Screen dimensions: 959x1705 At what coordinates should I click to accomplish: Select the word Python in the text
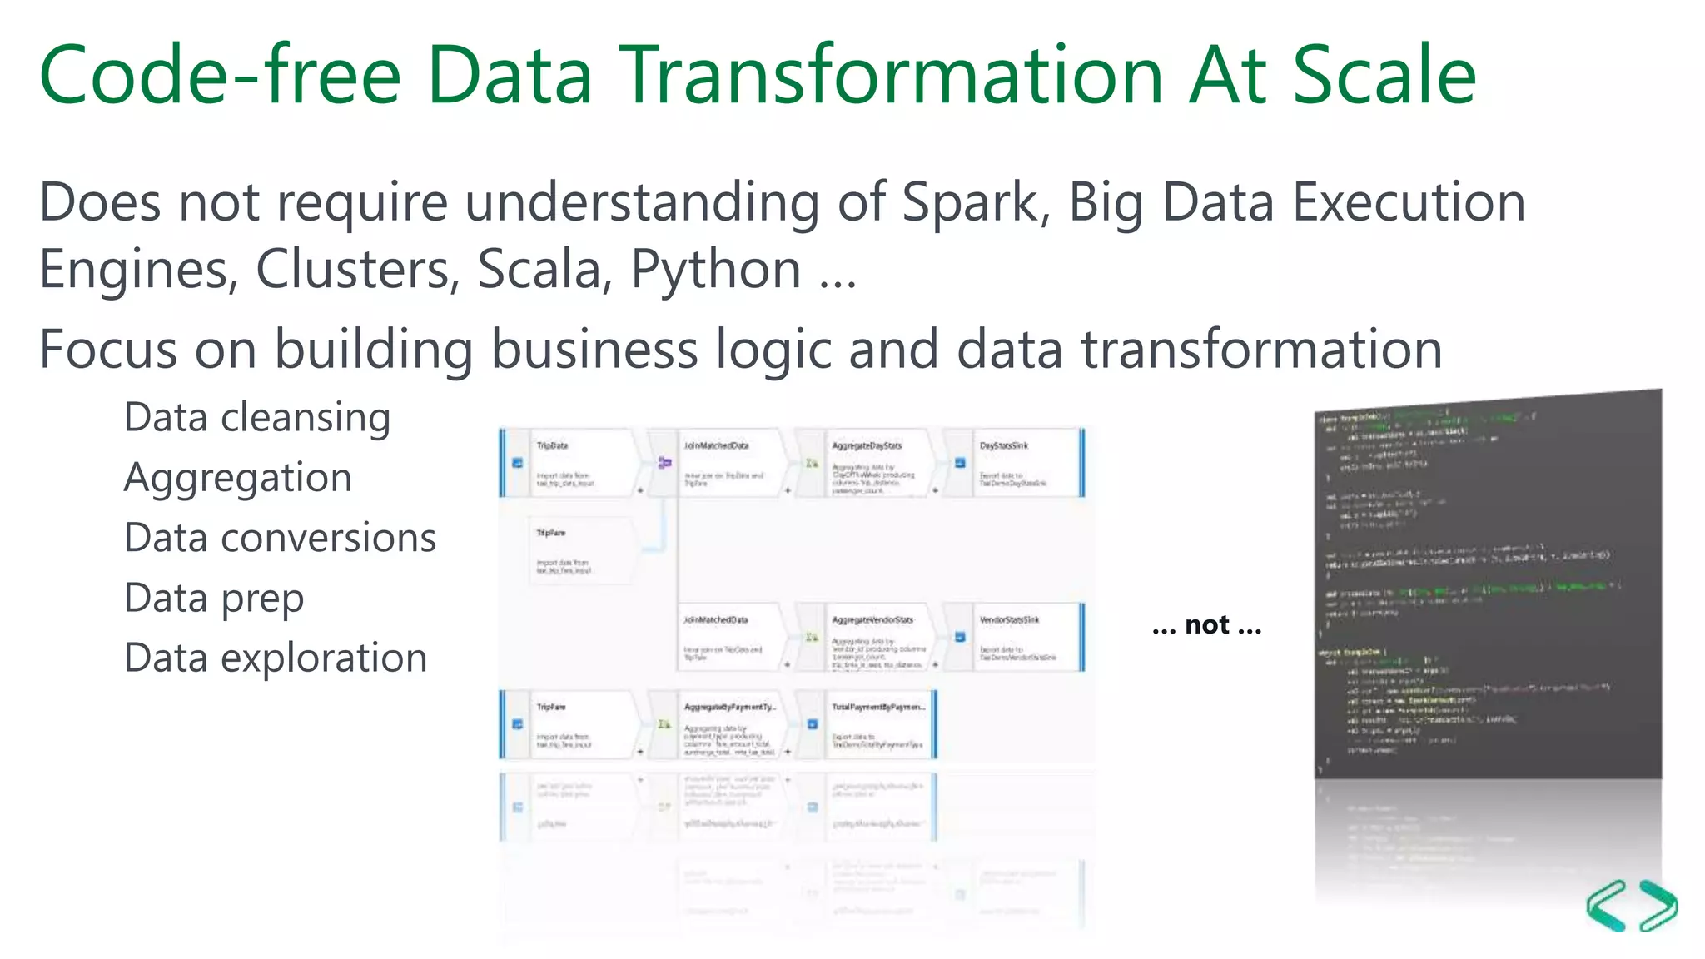point(716,270)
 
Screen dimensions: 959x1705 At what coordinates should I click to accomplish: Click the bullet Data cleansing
point(257,417)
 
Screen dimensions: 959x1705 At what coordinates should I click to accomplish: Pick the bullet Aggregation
point(238,478)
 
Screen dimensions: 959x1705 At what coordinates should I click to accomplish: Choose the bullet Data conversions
point(280,538)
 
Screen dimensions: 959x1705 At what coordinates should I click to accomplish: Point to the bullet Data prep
point(214,598)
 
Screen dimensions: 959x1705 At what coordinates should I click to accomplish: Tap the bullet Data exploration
point(276,658)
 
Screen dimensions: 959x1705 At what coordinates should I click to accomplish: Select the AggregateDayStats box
point(874,463)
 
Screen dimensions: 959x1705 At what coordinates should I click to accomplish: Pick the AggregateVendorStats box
point(874,638)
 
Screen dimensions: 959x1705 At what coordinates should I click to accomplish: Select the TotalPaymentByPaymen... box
point(878,724)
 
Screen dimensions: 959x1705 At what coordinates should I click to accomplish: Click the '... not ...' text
point(1206,624)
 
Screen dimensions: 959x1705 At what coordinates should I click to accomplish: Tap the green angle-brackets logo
point(1632,906)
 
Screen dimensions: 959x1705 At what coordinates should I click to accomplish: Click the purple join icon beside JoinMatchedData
point(664,462)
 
